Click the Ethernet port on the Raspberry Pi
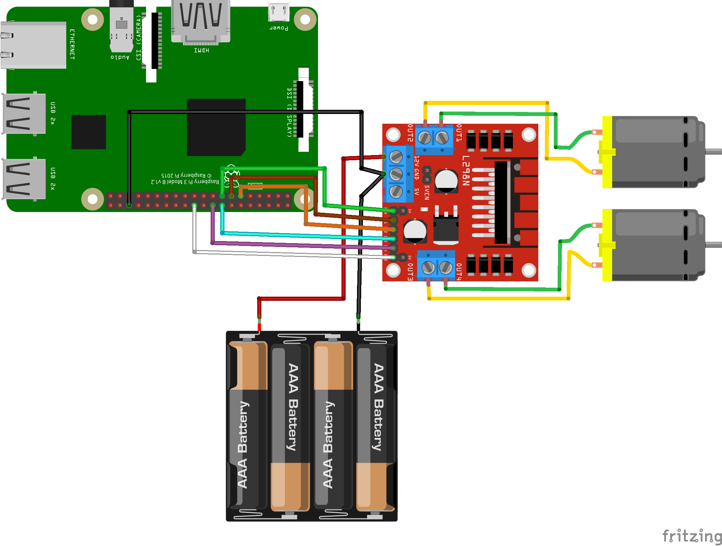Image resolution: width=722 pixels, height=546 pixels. click(x=33, y=45)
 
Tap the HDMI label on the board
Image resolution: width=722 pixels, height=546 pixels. click(x=201, y=50)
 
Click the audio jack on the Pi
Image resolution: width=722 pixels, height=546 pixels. click(x=121, y=28)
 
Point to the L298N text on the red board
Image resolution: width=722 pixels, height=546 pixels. click(x=466, y=171)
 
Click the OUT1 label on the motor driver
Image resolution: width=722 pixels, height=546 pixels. click(x=459, y=133)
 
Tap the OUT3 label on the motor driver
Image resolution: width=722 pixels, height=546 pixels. click(x=410, y=272)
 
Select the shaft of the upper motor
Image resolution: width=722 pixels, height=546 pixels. click(x=713, y=151)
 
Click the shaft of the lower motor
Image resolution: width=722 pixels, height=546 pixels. click(x=713, y=245)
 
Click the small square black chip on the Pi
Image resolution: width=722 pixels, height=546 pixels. click(x=88, y=132)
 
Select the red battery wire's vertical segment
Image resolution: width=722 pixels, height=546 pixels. click(x=343, y=228)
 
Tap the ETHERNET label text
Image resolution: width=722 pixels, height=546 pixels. click(x=72, y=44)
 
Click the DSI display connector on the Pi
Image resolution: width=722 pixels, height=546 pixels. click(x=303, y=109)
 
